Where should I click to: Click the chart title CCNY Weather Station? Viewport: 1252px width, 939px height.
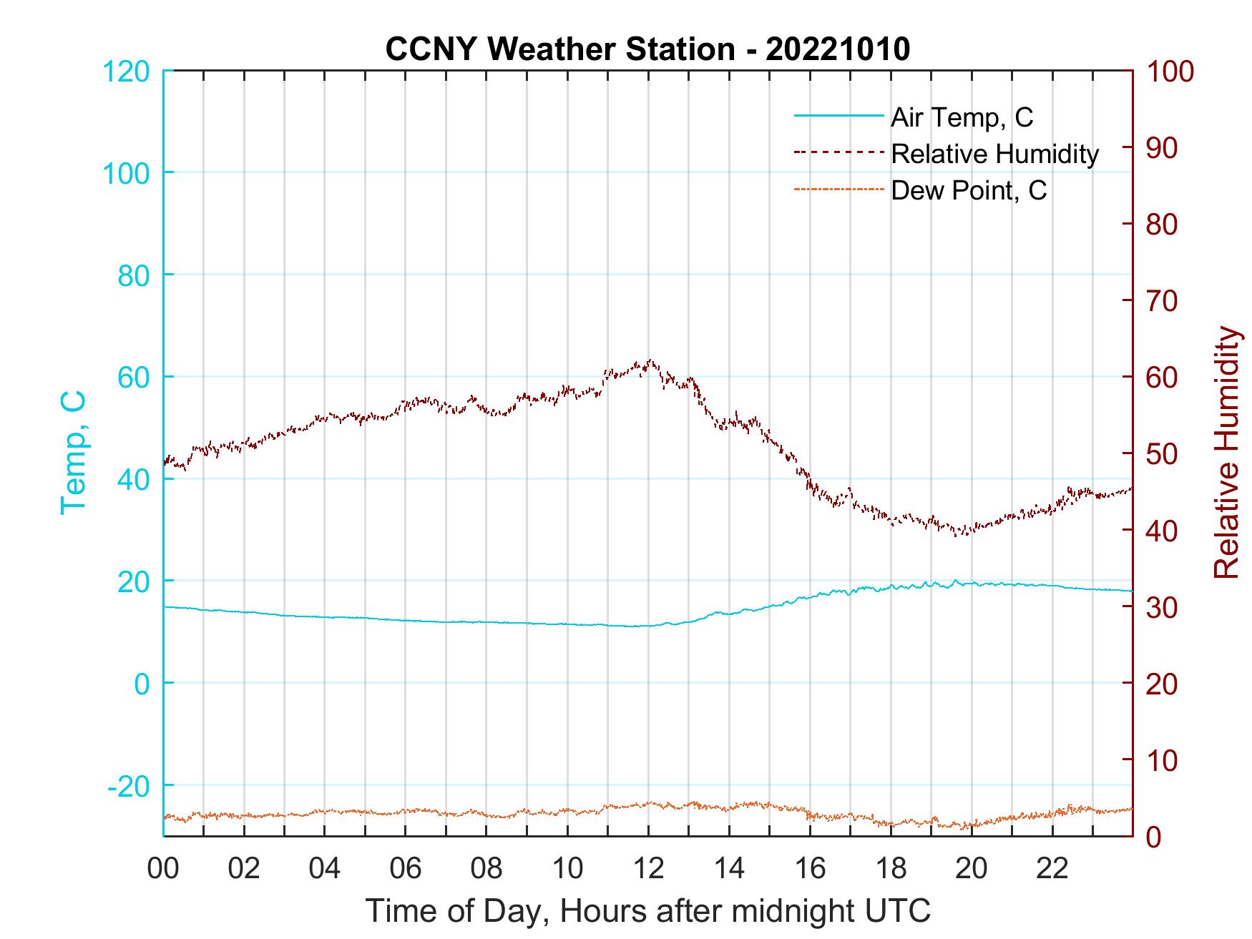[x=647, y=49]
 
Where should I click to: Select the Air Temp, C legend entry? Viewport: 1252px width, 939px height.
[x=962, y=117]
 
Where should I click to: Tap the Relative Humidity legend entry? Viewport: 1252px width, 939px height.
[x=994, y=154]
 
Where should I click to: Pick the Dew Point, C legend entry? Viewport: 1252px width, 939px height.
[x=969, y=190]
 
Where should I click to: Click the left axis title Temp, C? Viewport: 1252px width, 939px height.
[x=73, y=452]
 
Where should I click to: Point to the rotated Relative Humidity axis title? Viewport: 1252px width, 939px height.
[x=1226, y=452]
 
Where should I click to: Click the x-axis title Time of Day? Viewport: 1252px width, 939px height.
[x=647, y=910]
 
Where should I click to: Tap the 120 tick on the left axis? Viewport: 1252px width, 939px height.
[x=126, y=72]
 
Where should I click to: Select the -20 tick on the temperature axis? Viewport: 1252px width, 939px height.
[x=129, y=786]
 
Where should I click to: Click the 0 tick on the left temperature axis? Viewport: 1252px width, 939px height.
[x=142, y=684]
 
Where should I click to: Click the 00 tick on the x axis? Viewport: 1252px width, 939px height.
[x=163, y=869]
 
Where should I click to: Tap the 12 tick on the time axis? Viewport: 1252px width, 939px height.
[x=648, y=869]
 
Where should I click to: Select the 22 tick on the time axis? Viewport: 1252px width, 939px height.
[x=1052, y=869]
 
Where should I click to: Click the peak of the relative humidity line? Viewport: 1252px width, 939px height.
[x=650, y=360]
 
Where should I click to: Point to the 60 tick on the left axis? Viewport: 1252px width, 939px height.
[x=134, y=378]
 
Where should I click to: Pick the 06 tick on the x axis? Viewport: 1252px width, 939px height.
[x=406, y=869]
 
